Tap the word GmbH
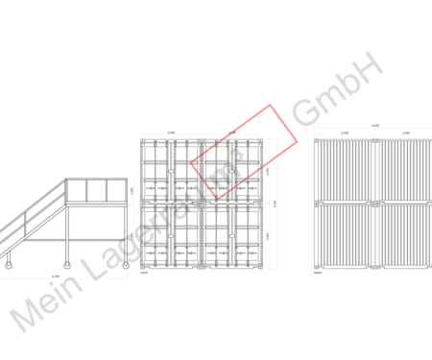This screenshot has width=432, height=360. click(337, 87)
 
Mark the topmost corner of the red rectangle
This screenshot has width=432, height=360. click(271, 105)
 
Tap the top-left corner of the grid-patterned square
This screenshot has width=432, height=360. click(139, 139)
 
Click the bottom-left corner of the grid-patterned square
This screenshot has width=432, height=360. click(139, 269)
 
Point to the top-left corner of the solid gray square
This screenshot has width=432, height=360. click(313, 139)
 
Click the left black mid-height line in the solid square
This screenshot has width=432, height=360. click(345, 203)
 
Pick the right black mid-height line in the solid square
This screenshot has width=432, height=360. click(406, 203)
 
